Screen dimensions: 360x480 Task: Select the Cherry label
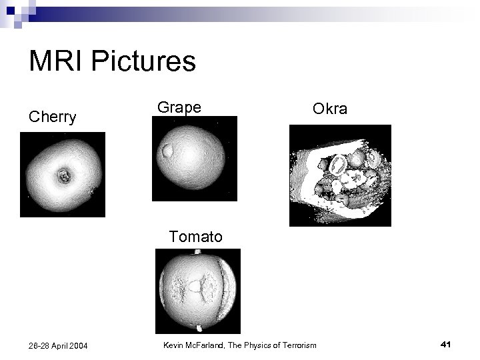coord(52,117)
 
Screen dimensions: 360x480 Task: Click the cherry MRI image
coord(63,175)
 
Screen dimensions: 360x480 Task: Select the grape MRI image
coord(194,159)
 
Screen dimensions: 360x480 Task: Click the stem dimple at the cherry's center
coord(64,177)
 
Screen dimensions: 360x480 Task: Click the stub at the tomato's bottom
coord(198,327)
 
